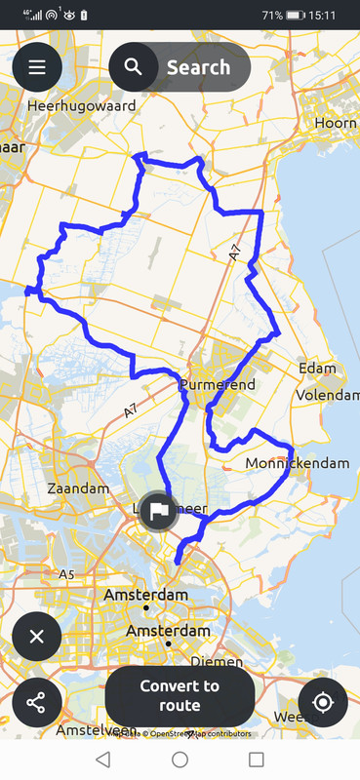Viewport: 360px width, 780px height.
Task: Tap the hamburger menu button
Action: click(37, 67)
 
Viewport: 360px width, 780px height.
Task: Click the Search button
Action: click(180, 67)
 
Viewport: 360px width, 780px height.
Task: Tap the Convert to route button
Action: click(180, 695)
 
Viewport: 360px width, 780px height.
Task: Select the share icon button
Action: click(37, 702)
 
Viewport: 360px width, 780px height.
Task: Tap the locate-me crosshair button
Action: click(323, 702)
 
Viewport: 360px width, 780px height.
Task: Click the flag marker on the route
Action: click(158, 510)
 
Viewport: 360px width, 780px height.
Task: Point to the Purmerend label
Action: click(218, 385)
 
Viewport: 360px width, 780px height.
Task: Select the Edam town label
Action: click(318, 369)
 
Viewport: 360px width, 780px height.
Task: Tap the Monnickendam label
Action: click(298, 463)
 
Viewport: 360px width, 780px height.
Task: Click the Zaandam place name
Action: click(77, 487)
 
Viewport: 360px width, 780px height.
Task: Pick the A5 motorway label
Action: click(66, 574)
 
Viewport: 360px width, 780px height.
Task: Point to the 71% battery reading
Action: click(272, 16)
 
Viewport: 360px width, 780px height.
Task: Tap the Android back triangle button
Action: click(102, 759)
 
